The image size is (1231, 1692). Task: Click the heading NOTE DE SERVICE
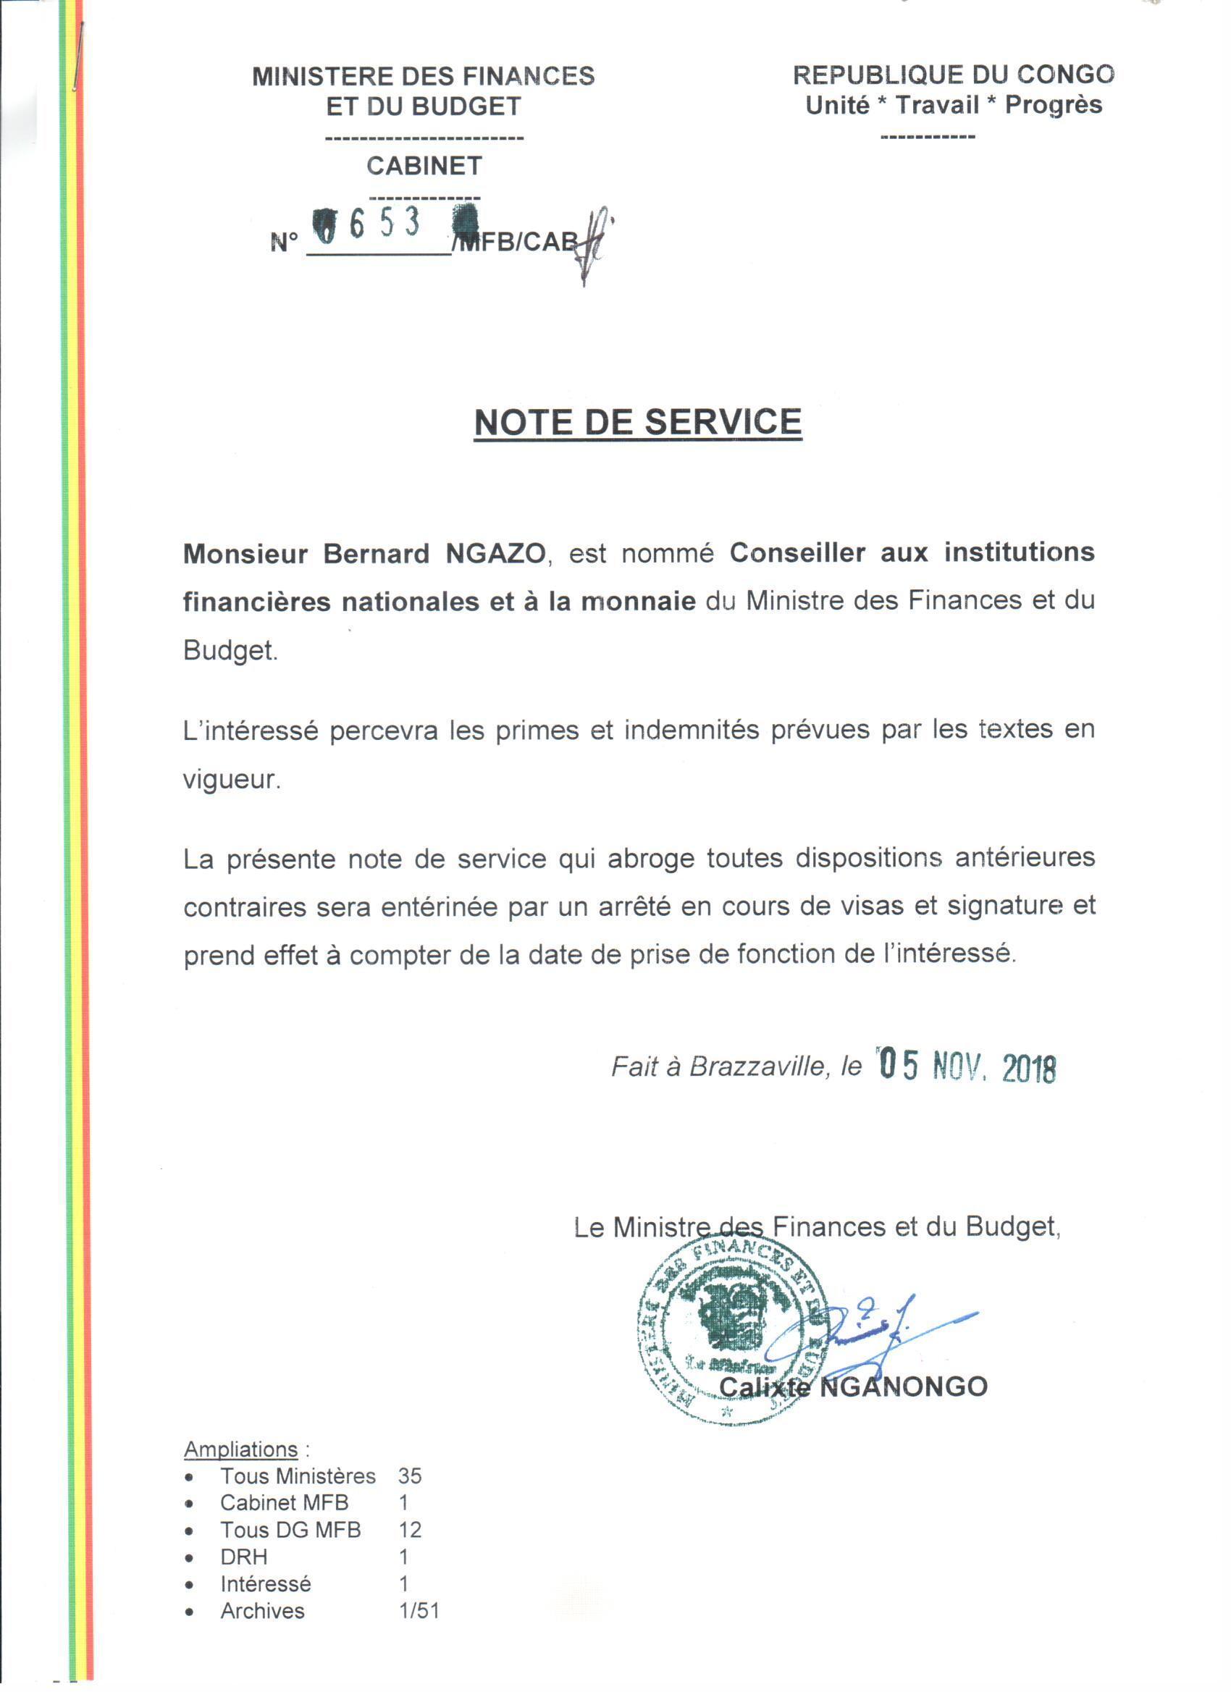638,422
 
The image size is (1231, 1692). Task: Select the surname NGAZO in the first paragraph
496,555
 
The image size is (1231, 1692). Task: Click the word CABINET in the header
424,166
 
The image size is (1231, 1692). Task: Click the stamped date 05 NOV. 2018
967,1068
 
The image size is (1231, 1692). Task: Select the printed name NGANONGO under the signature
904,1386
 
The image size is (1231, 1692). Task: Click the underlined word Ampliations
240,1449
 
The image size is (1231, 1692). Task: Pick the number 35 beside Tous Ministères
410,1476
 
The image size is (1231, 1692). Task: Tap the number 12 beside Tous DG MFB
410,1530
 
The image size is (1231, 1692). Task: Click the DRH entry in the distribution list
244,1557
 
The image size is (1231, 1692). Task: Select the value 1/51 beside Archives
419,1611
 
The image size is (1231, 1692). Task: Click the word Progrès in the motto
1053,105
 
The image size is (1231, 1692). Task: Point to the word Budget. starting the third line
230,651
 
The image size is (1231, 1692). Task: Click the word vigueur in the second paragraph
231,780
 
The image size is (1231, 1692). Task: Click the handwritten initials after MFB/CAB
595,243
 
